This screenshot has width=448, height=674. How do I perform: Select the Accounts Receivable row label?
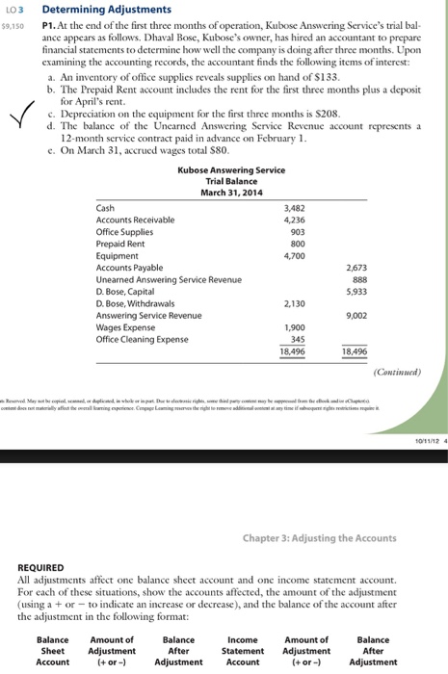click(x=136, y=220)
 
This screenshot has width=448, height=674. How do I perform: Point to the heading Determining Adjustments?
click(x=92, y=9)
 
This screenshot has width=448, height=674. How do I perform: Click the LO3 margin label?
click(x=14, y=9)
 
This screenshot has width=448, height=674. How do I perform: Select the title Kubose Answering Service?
click(x=230, y=170)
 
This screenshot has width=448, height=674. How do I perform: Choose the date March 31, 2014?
click(x=230, y=192)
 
